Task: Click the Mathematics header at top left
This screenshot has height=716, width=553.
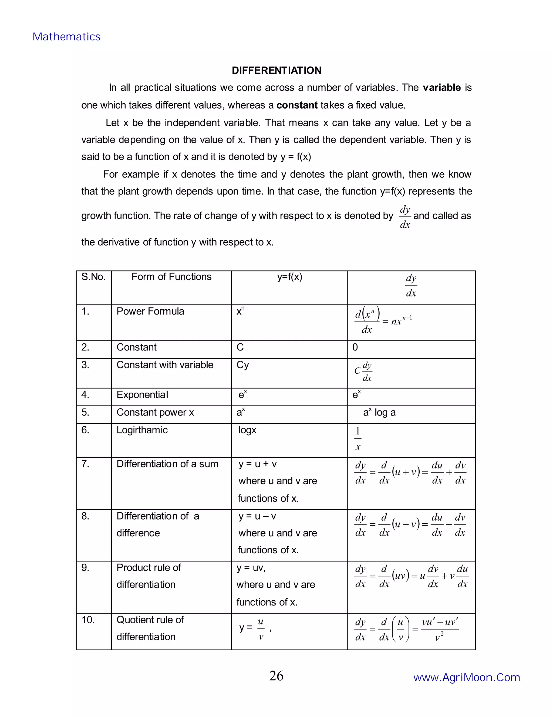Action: click(x=66, y=37)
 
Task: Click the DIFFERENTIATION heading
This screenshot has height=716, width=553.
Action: click(x=276, y=71)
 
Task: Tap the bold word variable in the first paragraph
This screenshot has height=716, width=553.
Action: click(x=441, y=88)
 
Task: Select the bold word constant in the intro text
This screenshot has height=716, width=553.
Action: click(x=297, y=105)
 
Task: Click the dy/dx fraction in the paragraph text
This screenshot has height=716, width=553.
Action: click(x=405, y=217)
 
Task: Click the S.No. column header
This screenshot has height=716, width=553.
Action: click(x=93, y=277)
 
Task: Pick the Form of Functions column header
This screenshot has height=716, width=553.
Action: click(x=171, y=277)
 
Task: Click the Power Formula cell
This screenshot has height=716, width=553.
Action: click(x=150, y=312)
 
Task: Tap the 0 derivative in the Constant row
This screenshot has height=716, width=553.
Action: click(x=355, y=347)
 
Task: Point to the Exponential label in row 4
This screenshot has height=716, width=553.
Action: click(x=142, y=395)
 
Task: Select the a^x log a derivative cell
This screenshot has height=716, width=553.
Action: click(x=379, y=412)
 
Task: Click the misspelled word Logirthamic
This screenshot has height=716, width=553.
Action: click(x=142, y=430)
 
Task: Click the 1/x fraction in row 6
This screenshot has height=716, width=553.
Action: click(x=358, y=439)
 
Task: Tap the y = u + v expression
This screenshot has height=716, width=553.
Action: click(x=258, y=464)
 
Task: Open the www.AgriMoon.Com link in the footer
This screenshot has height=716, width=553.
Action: click(x=467, y=678)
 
